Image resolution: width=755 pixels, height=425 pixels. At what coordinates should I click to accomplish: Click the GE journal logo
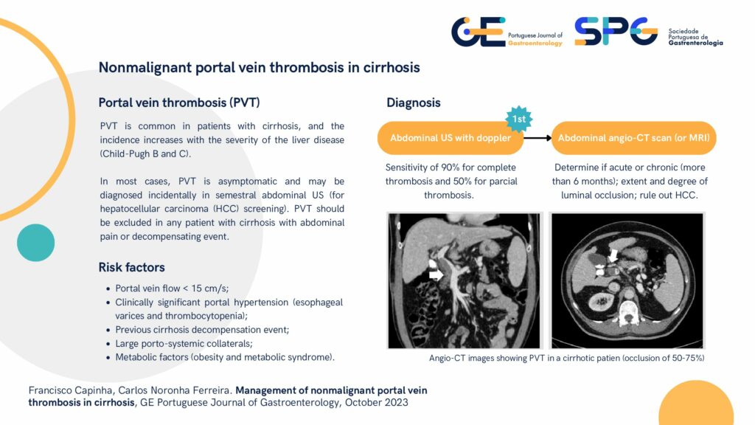coord(507,32)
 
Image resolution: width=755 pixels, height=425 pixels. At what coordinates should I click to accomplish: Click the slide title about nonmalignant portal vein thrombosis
coord(259,67)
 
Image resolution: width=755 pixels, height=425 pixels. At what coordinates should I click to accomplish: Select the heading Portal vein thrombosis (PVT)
coord(179,103)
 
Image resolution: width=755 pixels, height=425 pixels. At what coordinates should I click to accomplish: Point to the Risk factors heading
coord(131,267)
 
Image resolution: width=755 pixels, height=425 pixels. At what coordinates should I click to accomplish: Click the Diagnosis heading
coord(413,103)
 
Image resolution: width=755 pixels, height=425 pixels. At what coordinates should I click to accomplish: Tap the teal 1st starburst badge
coord(518,119)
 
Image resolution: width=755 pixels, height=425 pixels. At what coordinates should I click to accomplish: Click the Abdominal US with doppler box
coord(450,138)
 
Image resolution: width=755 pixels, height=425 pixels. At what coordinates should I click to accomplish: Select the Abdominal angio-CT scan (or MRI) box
coord(633,138)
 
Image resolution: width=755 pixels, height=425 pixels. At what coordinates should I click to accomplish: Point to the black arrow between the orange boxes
coord(537,138)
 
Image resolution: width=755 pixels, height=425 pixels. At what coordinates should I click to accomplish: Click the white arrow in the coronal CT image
coord(436,274)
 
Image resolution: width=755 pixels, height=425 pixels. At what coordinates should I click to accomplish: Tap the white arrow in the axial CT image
coord(613,255)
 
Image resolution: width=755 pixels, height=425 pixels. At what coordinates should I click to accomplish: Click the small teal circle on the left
coord(35,242)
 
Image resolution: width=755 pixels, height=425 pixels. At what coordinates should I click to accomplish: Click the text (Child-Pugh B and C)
coord(145,154)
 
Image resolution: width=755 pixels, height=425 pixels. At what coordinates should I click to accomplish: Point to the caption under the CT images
coord(567,358)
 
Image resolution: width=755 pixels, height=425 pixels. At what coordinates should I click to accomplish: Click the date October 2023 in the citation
coord(376,402)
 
